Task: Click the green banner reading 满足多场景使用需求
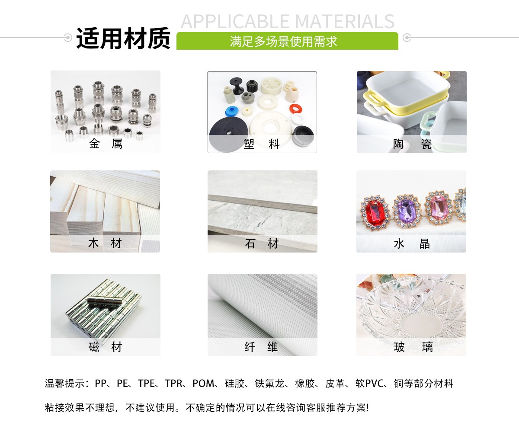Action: tap(287, 42)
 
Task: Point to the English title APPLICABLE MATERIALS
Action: tap(288, 21)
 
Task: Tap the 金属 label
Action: tap(106, 144)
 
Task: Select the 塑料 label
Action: tap(262, 144)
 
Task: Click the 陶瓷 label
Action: tap(412, 144)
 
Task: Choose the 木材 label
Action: tap(105, 243)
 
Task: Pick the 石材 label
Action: tap(262, 243)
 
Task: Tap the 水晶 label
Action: tap(411, 243)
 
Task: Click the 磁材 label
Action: tap(106, 347)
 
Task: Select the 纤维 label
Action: tap(262, 347)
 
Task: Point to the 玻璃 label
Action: tap(411, 347)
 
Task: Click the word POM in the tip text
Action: tap(203, 384)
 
